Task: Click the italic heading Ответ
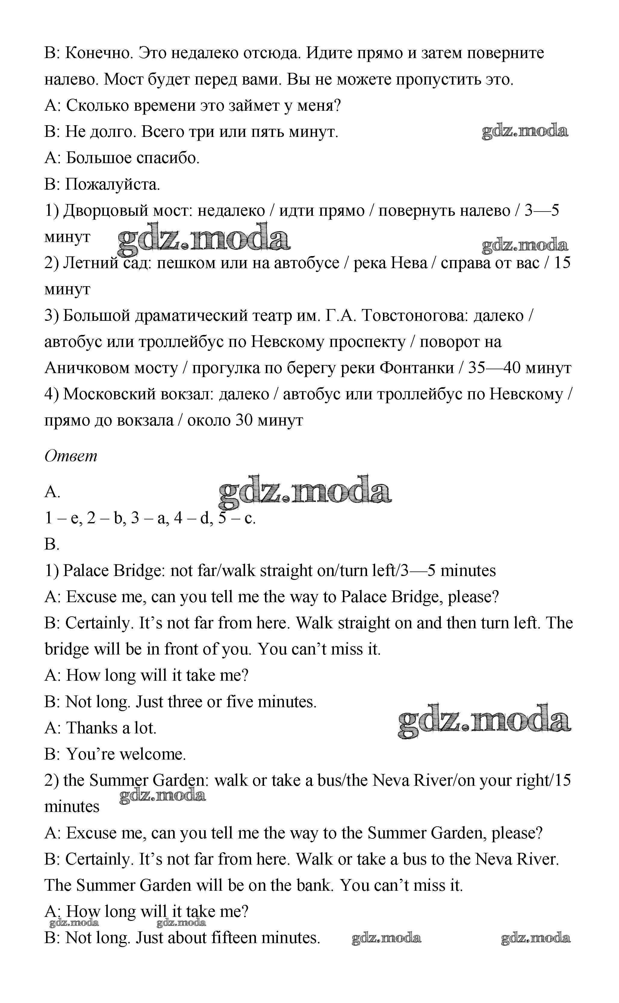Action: [70, 456]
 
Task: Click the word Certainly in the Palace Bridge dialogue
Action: [100, 623]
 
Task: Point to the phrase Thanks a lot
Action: [111, 728]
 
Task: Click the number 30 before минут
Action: [244, 420]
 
